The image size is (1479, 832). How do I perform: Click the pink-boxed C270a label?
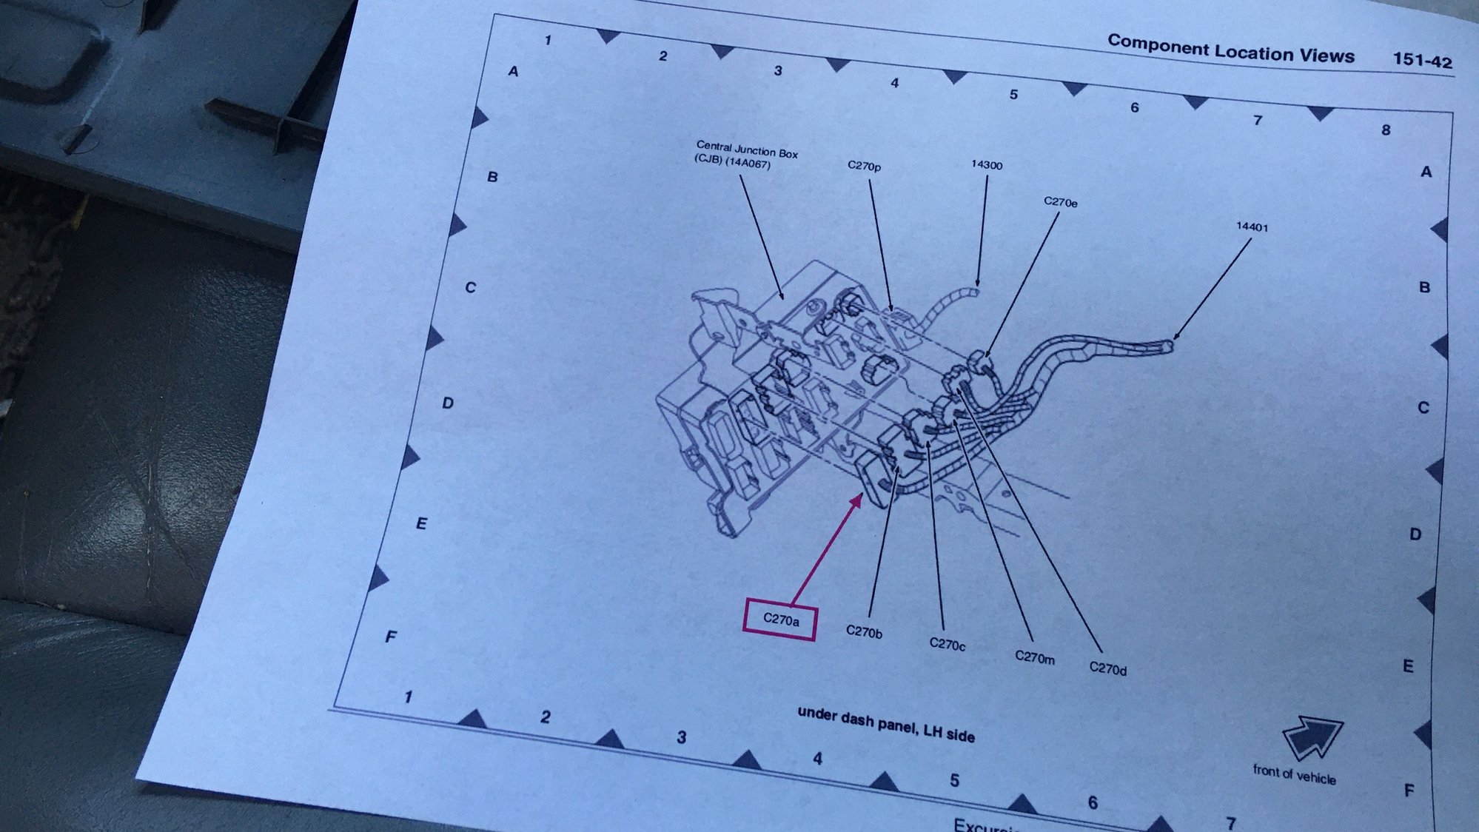(780, 620)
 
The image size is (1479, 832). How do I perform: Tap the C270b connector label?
(864, 631)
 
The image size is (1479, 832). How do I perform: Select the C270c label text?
(947, 644)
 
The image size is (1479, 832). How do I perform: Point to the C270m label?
(1034, 657)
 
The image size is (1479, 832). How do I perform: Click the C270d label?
(1107, 668)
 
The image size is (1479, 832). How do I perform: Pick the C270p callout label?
(864, 166)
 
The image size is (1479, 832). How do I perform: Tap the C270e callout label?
(1060, 201)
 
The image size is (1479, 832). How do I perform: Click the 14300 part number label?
(987, 164)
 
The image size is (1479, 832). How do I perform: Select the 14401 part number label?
(1252, 227)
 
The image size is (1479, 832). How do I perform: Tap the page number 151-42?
(1422, 61)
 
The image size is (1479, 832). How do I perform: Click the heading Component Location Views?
(1230, 49)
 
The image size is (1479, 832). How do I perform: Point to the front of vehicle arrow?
(1312, 736)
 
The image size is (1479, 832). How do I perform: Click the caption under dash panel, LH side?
(885, 724)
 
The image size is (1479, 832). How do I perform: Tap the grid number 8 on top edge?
(1385, 130)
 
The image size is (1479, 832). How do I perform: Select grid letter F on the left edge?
(390, 637)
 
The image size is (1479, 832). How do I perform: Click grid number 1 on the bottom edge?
(408, 697)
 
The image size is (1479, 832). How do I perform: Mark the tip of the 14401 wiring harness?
(1173, 344)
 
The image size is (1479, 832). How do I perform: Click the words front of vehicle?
(1294, 774)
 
